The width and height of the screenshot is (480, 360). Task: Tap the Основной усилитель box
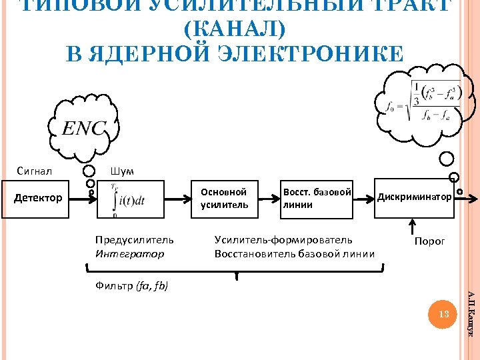pyautogui.click(x=225, y=199)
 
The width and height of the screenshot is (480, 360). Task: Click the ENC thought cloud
pyautogui.click(x=84, y=128)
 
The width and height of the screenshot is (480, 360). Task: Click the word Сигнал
pyautogui.click(x=35, y=171)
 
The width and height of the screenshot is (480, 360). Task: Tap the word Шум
pyautogui.click(x=122, y=171)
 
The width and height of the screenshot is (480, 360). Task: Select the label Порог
pyautogui.click(x=429, y=241)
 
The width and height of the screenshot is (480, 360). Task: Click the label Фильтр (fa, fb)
pyautogui.click(x=132, y=286)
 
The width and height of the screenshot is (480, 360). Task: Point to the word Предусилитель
pyautogui.click(x=134, y=239)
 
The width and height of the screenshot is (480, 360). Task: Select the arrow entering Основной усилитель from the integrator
pyautogui.click(x=178, y=199)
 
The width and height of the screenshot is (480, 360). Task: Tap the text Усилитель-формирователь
pyautogui.click(x=283, y=239)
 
